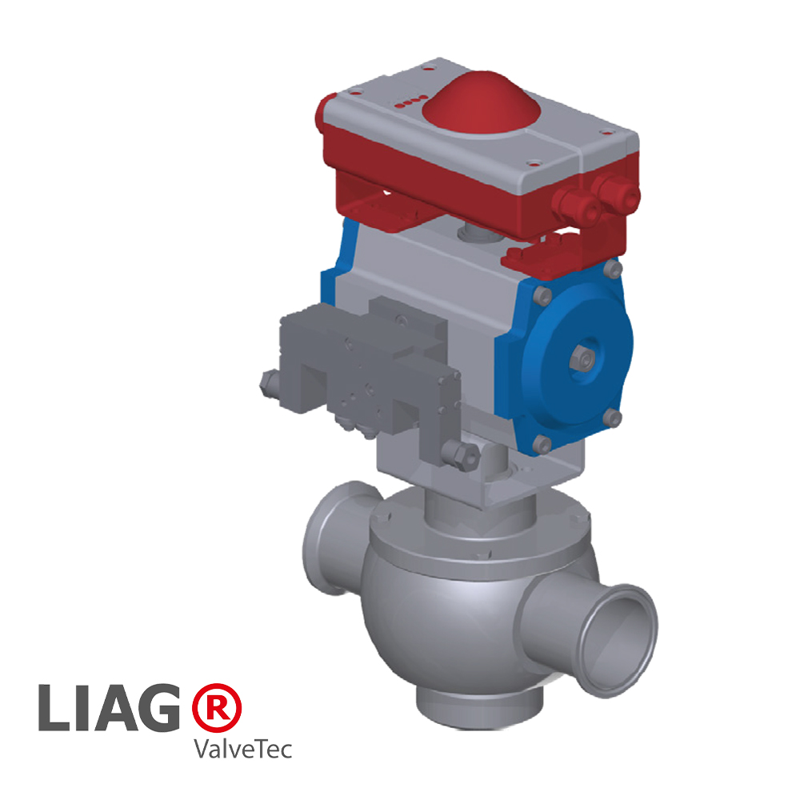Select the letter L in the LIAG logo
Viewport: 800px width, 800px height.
coord(54,707)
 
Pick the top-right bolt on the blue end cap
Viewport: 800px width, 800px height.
coord(614,267)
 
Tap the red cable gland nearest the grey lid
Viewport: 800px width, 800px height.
coord(574,206)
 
